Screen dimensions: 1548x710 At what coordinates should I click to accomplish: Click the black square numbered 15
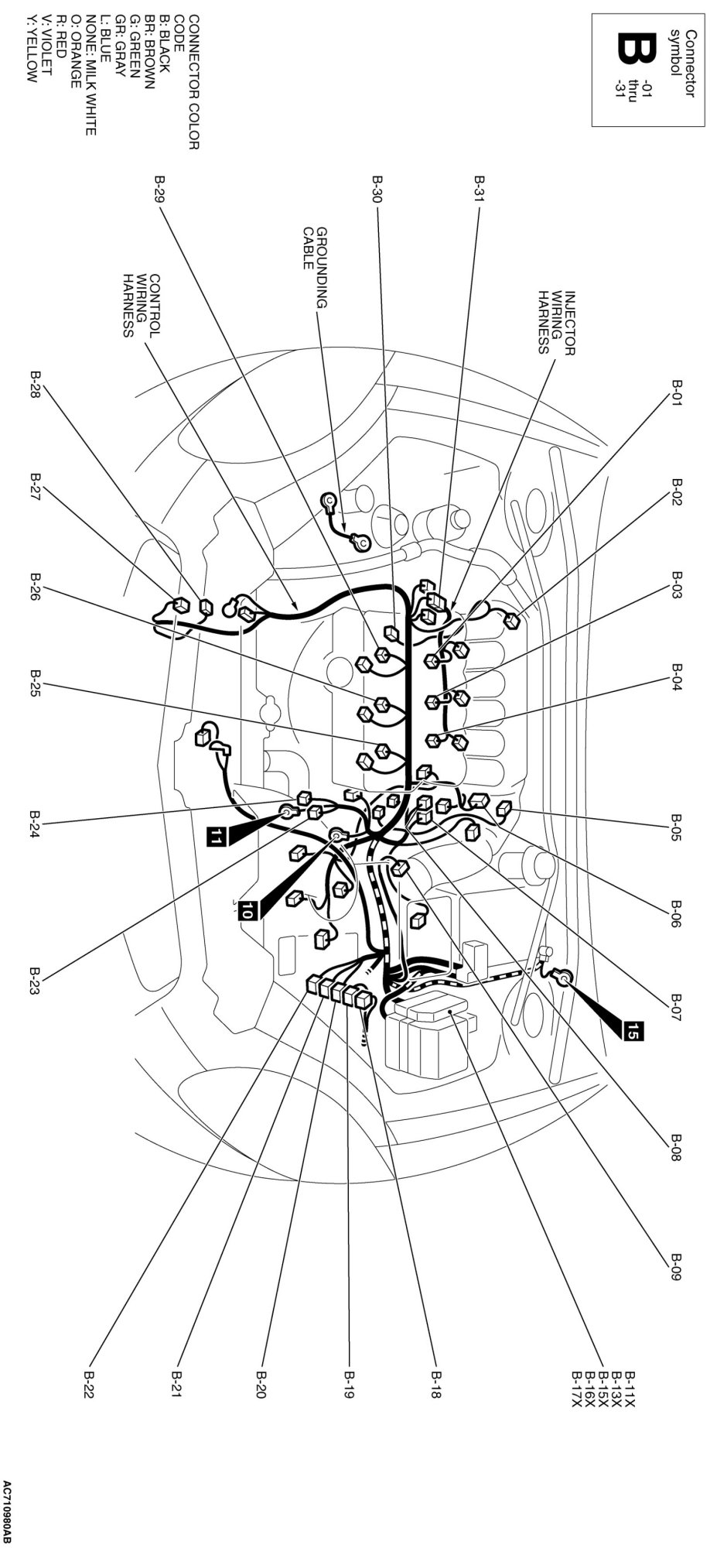pyautogui.click(x=633, y=1030)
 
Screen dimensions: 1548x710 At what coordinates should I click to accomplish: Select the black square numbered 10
pyautogui.click(x=247, y=911)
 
